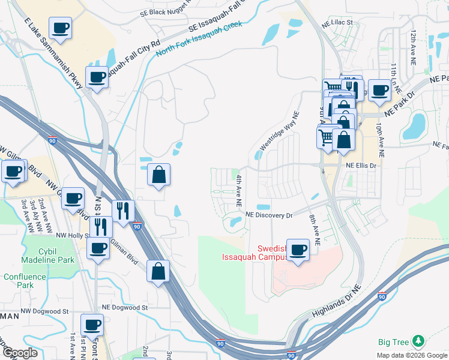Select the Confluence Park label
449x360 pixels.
[24, 281]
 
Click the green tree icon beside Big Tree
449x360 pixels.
[418, 342]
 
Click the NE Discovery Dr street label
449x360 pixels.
[268, 215]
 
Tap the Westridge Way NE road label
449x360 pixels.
[279, 133]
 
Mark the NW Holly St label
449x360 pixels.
[71, 236]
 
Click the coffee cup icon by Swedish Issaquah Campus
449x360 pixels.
[298, 250]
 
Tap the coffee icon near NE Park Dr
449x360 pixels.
[379, 90]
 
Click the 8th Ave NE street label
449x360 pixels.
[313, 229]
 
